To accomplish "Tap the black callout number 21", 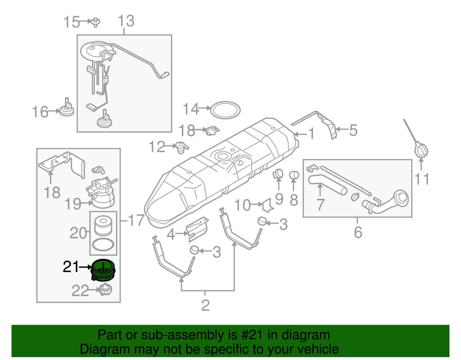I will click(x=71, y=267).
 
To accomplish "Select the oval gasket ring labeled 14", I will click(x=225, y=110).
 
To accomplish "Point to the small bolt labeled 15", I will click(x=95, y=22).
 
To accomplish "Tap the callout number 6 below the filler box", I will click(x=358, y=232).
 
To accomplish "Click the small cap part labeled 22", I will click(x=105, y=289).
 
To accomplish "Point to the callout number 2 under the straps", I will click(x=205, y=305).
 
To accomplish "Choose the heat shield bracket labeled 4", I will click(x=198, y=228).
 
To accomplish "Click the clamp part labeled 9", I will click(x=278, y=174).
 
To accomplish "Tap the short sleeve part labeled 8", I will click(x=294, y=175).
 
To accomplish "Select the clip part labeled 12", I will click(x=181, y=147).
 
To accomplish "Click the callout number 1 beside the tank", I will click(x=311, y=134).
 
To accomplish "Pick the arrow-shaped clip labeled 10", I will click(x=268, y=205).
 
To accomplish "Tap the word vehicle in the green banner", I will click(x=318, y=349).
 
